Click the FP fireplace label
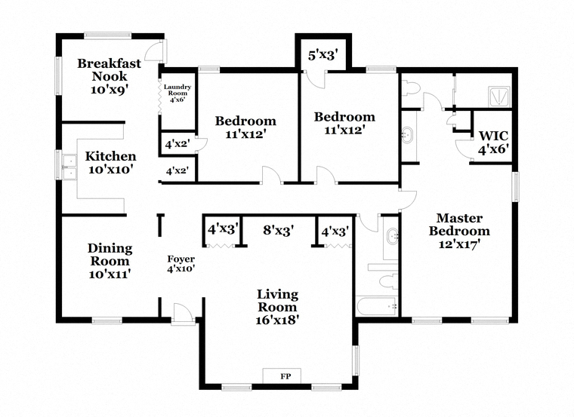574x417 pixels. tap(285, 376)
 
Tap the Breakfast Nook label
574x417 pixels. tap(109, 70)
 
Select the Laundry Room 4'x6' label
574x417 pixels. tap(177, 93)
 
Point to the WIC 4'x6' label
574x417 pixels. tap(494, 143)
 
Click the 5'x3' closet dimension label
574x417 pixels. tap(322, 56)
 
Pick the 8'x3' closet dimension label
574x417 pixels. tap(279, 230)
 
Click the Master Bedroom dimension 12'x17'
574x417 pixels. tap(459, 244)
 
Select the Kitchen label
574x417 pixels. tap(110, 156)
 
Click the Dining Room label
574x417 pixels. tap(110, 254)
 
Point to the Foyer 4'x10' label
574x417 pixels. tap(181, 264)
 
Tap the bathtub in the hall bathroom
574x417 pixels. tap(378, 306)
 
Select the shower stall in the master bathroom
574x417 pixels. tap(499, 97)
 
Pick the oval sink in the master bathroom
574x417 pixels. tap(407, 135)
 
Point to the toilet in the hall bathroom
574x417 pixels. tap(388, 281)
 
